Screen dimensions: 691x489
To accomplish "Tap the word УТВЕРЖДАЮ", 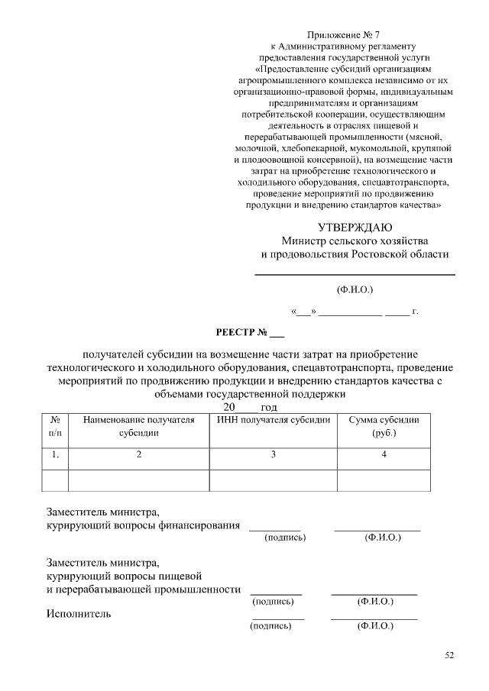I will click(355, 228).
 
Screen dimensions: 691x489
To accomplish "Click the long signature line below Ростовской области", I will click(355, 274).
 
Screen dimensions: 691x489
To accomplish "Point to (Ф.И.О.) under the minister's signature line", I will click(355, 290).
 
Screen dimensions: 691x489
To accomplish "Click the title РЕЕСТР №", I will click(250, 332).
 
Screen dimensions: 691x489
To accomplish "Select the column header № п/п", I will click(55, 427).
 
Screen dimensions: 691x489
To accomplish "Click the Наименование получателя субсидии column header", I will click(138, 427).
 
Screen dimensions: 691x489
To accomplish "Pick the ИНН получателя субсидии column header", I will click(274, 420).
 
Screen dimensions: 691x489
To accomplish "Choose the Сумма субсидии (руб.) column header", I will click(384, 427).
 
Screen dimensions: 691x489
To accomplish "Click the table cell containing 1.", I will click(55, 455).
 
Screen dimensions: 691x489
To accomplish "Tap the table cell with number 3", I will click(274, 455).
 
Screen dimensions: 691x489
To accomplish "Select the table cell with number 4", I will click(384, 455).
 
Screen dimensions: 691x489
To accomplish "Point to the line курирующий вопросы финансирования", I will click(143, 525).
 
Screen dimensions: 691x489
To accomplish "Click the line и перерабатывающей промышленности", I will click(143, 589).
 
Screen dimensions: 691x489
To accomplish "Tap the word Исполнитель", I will click(79, 614).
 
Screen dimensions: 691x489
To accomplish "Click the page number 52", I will click(449, 655).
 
